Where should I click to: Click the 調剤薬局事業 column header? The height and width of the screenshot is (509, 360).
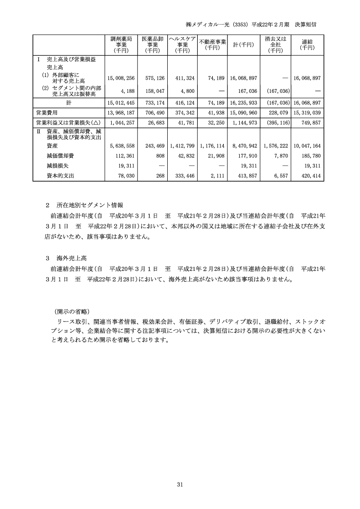(x=121, y=45)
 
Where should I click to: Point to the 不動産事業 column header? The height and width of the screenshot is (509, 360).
(x=212, y=45)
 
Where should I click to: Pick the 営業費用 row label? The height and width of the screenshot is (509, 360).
(x=46, y=112)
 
